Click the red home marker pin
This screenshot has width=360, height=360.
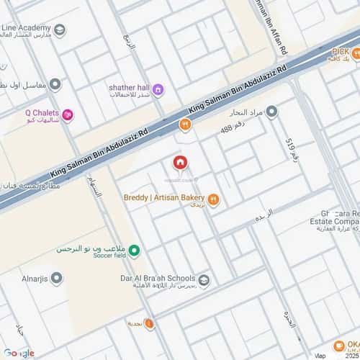coord(179,163)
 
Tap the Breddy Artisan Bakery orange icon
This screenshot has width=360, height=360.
coord(213,199)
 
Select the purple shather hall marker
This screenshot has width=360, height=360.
coord(158,89)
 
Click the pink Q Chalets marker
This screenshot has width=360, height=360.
coord(68,113)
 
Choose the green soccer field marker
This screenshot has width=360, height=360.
coord(135,251)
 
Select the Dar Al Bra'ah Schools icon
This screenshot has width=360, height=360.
coord(204,279)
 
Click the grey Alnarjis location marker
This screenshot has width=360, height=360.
coord(55,278)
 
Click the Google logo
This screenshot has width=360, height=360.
coord(19,352)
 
